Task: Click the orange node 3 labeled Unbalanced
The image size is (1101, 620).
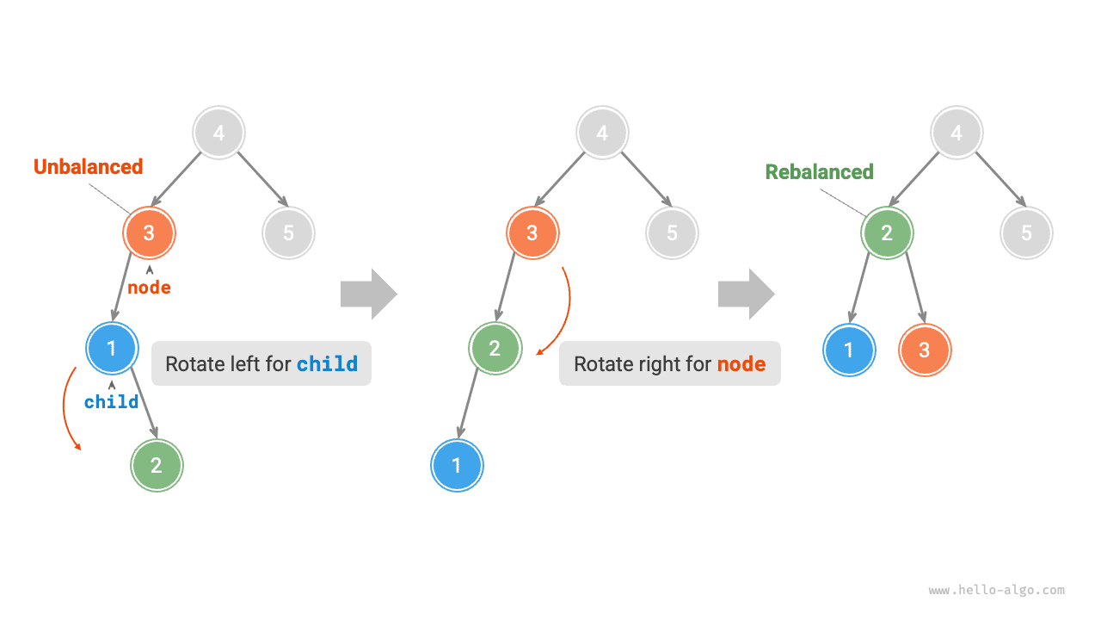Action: pyautogui.click(x=149, y=232)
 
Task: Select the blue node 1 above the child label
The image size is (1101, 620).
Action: pyautogui.click(x=112, y=349)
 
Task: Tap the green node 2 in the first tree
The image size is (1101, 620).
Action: pyautogui.click(x=157, y=466)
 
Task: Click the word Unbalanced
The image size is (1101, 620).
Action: pyautogui.click(x=88, y=167)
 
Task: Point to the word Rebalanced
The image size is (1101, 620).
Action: pyautogui.click(x=819, y=172)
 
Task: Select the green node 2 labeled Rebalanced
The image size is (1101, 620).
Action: pyautogui.click(x=887, y=232)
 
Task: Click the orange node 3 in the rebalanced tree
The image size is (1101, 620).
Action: pyautogui.click(x=925, y=350)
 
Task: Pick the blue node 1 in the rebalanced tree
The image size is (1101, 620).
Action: pyautogui.click(x=850, y=350)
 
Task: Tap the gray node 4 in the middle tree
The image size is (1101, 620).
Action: pyautogui.click(x=602, y=133)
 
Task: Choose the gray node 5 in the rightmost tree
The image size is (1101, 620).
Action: pyautogui.click(x=1026, y=232)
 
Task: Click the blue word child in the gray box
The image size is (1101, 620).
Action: pyautogui.click(x=327, y=364)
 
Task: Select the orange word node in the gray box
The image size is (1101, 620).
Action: pyautogui.click(x=741, y=364)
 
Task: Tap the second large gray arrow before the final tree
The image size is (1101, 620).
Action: pyautogui.click(x=746, y=294)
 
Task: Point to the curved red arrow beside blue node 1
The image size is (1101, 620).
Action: pyautogui.click(x=67, y=409)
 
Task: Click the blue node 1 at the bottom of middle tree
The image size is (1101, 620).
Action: pyautogui.click(x=457, y=466)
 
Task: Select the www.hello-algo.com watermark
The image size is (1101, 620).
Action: pyautogui.click(x=996, y=591)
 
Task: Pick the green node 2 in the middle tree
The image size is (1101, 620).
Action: pyautogui.click(x=495, y=349)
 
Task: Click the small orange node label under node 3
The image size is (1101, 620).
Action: pyautogui.click(x=149, y=288)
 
